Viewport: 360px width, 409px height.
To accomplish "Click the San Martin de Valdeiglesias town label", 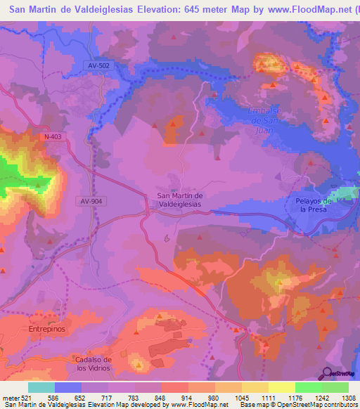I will tap(179, 199).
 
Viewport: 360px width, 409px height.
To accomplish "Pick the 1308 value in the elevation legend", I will tap(347, 397).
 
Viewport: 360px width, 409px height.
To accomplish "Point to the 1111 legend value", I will tap(269, 397).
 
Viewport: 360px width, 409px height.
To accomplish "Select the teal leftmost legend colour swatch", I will tap(41, 387).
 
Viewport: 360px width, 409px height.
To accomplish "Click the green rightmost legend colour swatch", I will tap(335, 387).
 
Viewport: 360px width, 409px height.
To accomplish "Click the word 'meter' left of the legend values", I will tap(10, 397).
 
